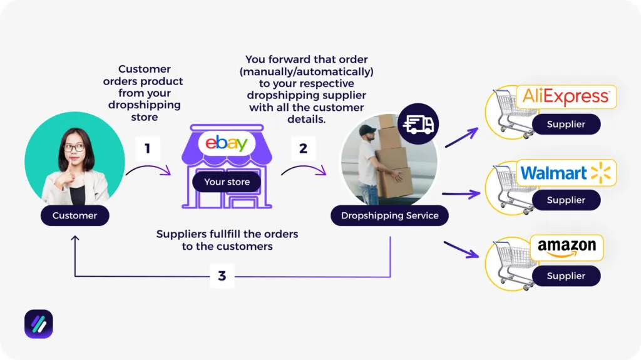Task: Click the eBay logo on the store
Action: (227, 143)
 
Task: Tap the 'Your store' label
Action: (227, 182)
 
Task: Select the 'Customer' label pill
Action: (74, 215)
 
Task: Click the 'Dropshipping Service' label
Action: (389, 215)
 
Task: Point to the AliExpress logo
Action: (565, 97)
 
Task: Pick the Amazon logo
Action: (566, 248)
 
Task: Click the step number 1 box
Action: (148, 149)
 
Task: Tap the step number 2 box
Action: (304, 149)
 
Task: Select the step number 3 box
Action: (222, 275)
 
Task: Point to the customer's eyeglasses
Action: (73, 148)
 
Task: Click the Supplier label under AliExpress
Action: (566, 124)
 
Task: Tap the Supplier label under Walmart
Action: (566, 200)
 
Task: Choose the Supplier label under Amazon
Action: (566, 275)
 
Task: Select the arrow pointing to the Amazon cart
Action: (461, 250)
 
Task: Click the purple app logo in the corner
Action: (39, 324)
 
